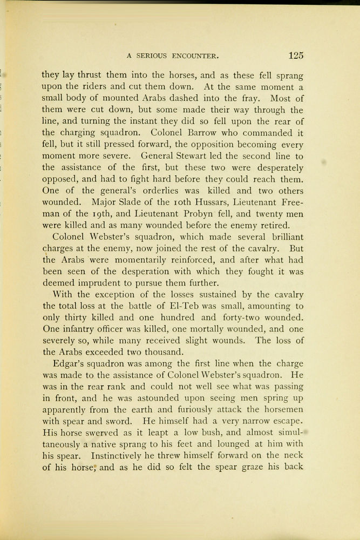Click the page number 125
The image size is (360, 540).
(296, 55)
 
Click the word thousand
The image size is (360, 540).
(164, 352)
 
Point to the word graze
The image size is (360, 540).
(247, 467)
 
